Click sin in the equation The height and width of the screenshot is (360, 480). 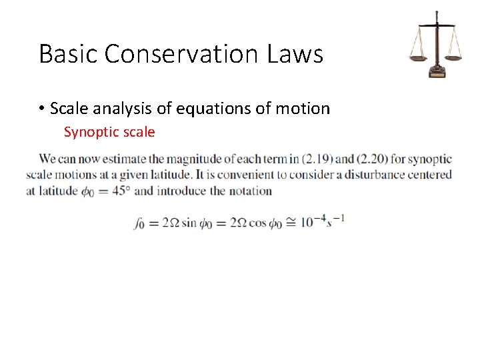pos(189,222)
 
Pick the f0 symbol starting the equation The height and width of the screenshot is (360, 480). pos(139,223)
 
